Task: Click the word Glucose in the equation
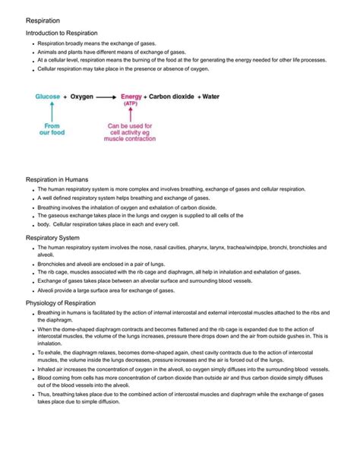pos(47,97)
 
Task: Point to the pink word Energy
pos(134,97)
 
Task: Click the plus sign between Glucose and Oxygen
pos(66,97)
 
